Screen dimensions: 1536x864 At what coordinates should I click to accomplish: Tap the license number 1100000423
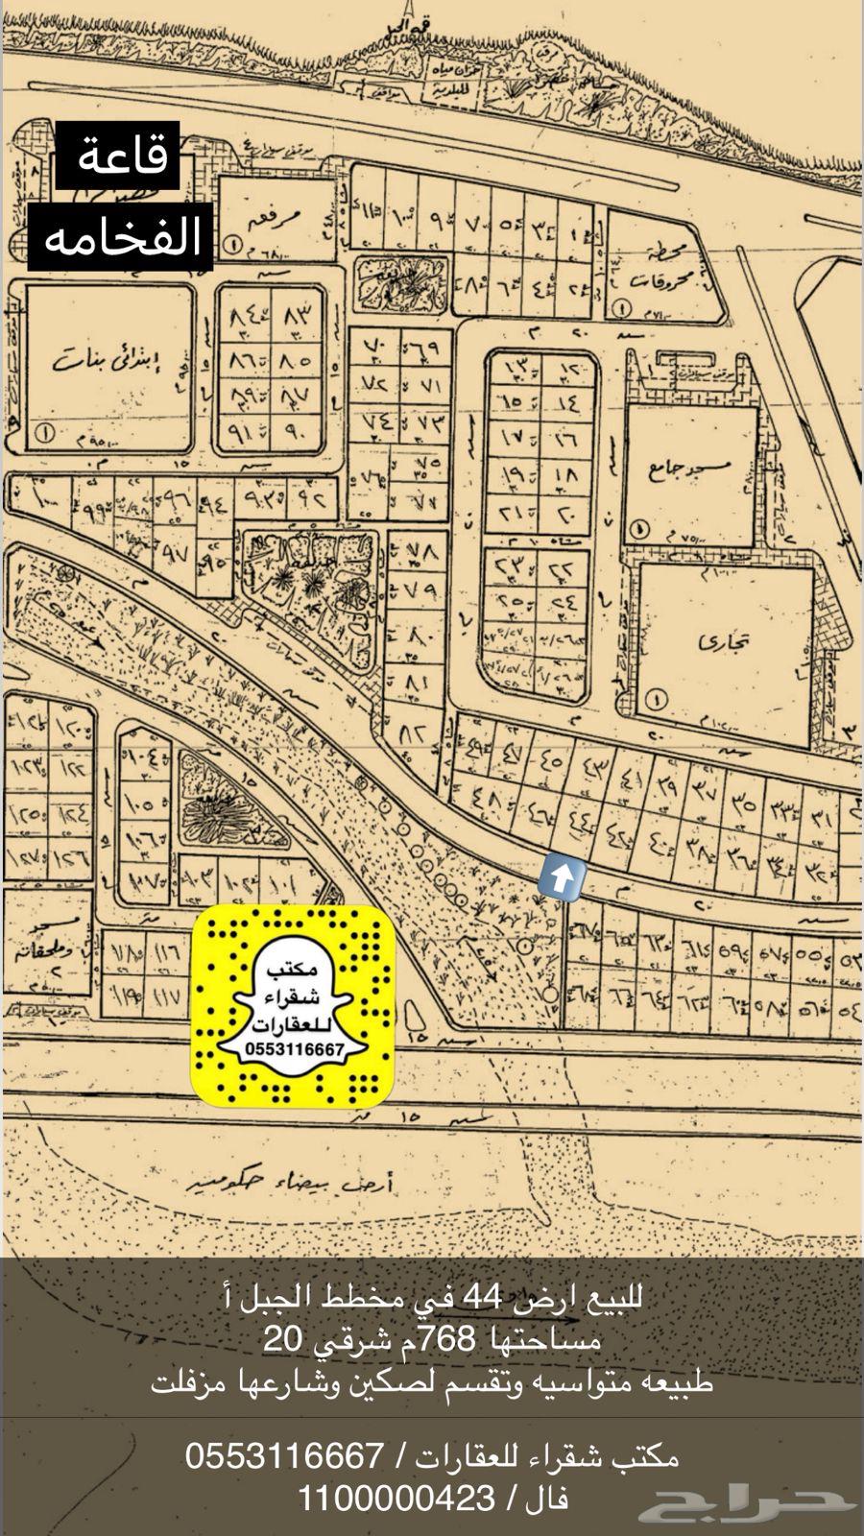pos(396,1497)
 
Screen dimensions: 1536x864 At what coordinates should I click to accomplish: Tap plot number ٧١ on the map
pos(420,385)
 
